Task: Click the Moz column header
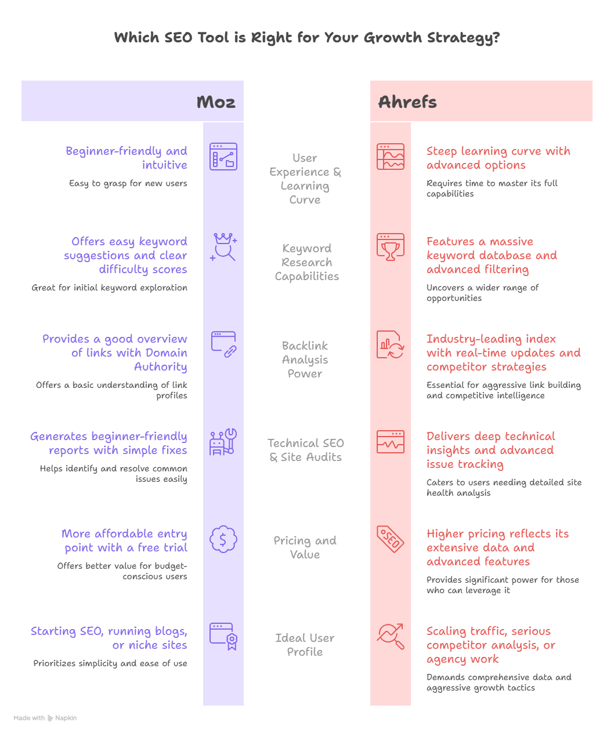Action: (215, 102)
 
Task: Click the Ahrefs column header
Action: (407, 102)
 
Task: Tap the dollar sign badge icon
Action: (223, 539)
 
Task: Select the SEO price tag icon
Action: (391, 539)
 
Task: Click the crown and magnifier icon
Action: (223, 248)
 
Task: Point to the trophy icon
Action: (391, 248)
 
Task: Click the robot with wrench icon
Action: (223, 442)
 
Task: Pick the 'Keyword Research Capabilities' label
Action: (306, 262)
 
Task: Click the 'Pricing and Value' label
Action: (305, 547)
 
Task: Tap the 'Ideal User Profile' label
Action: (305, 645)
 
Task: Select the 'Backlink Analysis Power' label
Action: (305, 359)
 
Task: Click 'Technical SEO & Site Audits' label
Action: (305, 450)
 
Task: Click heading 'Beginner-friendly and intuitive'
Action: (127, 158)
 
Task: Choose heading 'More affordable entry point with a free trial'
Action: (125, 540)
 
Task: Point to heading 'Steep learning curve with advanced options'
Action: (498, 158)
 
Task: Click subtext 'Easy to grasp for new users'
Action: (128, 183)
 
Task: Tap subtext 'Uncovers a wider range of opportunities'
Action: (482, 293)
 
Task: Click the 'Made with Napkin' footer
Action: (45, 718)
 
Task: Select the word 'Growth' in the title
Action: (393, 38)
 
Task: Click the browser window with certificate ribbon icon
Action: (223, 637)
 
